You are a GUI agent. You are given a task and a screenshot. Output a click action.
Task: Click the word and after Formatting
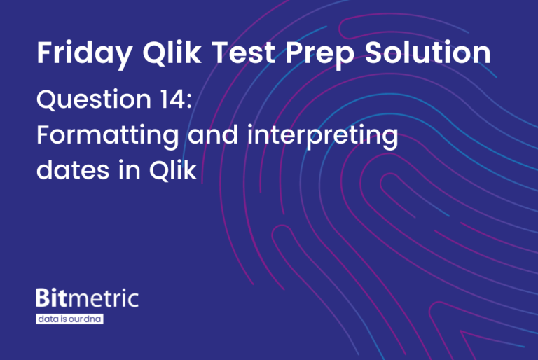click(x=212, y=136)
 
